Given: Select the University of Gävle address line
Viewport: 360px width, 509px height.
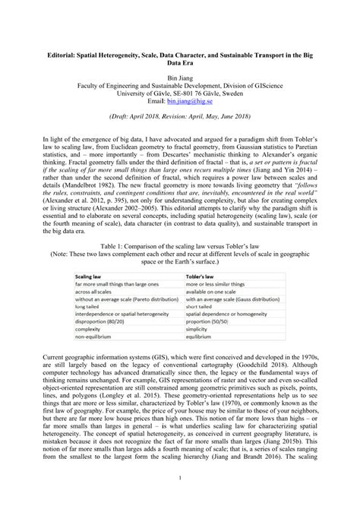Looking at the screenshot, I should click(179, 92).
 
